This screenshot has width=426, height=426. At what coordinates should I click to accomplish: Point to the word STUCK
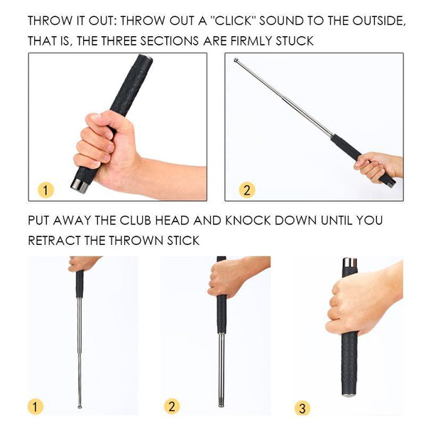[295, 41]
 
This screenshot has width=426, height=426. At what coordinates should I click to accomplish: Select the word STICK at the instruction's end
[181, 241]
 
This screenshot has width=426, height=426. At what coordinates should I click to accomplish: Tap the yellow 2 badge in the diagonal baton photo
[246, 190]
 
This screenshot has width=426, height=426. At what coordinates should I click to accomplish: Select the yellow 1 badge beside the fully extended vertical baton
[36, 407]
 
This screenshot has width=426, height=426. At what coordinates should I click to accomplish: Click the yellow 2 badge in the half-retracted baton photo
[172, 406]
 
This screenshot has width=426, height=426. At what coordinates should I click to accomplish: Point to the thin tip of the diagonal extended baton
[236, 61]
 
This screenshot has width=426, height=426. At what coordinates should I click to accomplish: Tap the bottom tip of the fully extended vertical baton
[80, 406]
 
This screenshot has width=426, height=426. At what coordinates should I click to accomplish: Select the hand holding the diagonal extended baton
[376, 168]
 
